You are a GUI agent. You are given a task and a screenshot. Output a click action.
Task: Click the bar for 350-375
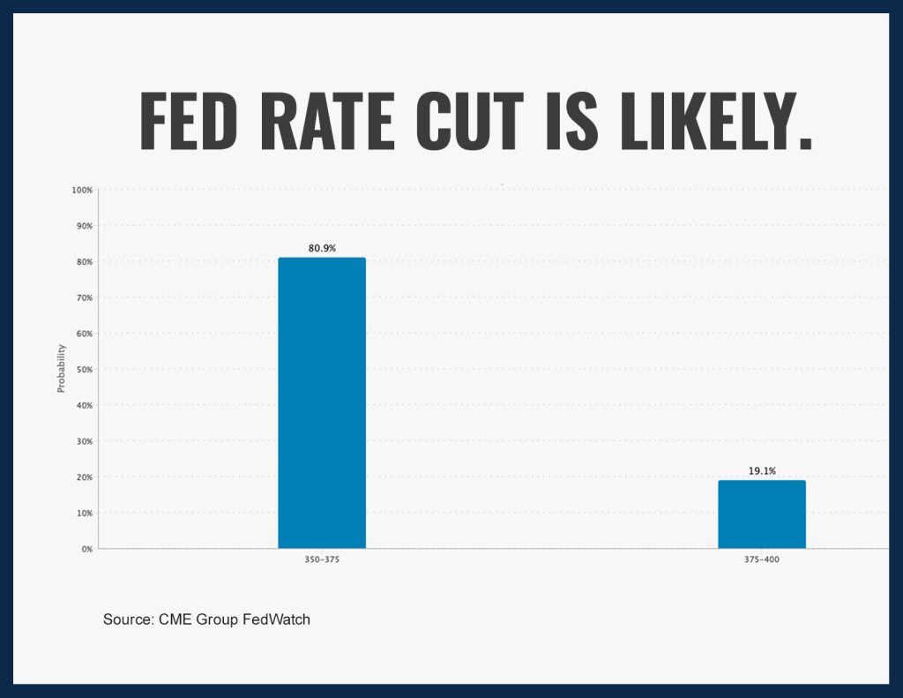click(x=322, y=403)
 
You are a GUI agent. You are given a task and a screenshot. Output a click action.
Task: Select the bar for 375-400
click(x=761, y=514)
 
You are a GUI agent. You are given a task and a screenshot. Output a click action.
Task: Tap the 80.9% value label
click(x=322, y=249)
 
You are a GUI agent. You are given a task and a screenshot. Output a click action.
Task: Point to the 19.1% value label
click(x=762, y=471)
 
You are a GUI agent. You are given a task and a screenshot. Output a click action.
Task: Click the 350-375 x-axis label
click(x=322, y=559)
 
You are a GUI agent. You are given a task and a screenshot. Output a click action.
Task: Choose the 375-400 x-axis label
click(x=761, y=559)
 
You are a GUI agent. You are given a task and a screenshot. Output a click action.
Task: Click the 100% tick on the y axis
click(x=82, y=191)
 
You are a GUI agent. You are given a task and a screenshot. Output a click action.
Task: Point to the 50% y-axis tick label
click(x=85, y=370)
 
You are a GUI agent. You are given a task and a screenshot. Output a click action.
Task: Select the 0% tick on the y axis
click(x=87, y=549)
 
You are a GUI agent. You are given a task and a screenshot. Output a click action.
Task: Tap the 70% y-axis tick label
click(x=85, y=298)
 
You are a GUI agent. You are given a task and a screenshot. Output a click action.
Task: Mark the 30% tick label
click(x=85, y=441)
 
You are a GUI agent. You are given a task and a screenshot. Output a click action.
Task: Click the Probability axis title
click(x=61, y=369)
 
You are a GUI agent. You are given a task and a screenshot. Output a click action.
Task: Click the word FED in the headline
click(x=189, y=121)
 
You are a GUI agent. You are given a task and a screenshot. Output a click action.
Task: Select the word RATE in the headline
click(x=327, y=121)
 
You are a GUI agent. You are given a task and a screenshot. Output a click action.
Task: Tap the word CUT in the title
click(x=469, y=121)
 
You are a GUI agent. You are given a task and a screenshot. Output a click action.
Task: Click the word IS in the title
click(x=571, y=121)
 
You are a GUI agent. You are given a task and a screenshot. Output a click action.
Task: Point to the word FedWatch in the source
click(x=276, y=619)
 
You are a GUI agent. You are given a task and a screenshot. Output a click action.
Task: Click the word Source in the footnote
click(x=127, y=619)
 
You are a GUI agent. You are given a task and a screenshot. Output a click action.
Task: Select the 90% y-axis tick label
click(x=85, y=226)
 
